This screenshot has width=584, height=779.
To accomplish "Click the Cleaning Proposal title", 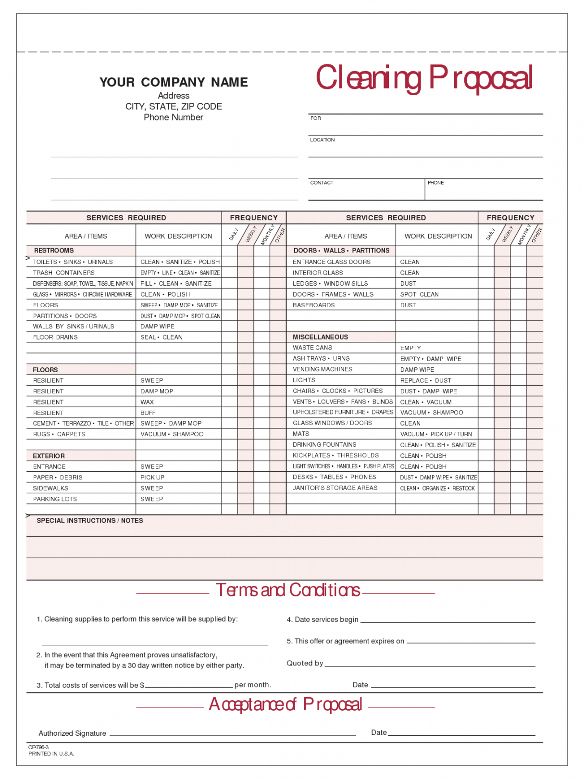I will click(423, 78).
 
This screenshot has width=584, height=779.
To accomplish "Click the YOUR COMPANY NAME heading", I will click(174, 82).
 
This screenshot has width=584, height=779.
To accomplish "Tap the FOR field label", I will click(315, 118).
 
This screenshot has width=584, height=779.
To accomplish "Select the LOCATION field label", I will click(322, 140).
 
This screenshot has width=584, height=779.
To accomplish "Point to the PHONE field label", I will click(435, 183).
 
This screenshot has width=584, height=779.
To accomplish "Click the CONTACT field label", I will click(322, 183).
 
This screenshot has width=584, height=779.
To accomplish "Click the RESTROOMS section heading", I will click(54, 251).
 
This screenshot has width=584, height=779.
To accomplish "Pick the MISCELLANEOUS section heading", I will click(320, 337).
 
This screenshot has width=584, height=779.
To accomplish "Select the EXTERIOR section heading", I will click(49, 456).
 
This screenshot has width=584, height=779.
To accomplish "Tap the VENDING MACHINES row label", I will click(323, 369).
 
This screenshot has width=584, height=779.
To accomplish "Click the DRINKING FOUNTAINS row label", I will click(324, 445).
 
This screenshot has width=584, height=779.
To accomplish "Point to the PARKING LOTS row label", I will click(55, 499).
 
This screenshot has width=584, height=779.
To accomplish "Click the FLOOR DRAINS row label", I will click(55, 338).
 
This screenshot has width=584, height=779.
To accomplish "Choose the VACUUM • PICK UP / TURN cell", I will click(436, 434).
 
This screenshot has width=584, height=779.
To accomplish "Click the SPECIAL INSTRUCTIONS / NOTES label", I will click(90, 521).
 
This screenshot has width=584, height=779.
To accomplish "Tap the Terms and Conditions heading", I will click(287, 590).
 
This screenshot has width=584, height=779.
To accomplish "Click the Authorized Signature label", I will click(72, 733).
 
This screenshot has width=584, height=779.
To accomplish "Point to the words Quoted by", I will click(305, 664).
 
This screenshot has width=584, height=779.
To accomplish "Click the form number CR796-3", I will click(38, 748).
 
